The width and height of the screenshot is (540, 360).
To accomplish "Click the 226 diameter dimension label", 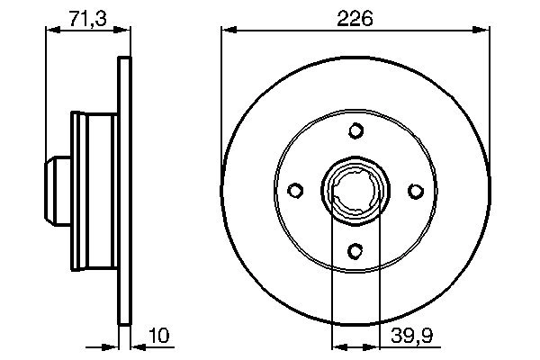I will [355, 16].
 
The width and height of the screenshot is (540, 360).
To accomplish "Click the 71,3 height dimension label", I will [85, 16].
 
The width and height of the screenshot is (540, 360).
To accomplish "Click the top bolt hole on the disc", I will [355, 132].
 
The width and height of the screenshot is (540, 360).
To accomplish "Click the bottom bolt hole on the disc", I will [355, 250].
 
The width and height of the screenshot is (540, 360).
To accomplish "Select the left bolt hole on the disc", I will [295, 191].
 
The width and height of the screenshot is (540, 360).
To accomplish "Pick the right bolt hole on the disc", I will [415, 191].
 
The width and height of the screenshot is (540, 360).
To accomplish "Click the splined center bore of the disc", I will [355, 191].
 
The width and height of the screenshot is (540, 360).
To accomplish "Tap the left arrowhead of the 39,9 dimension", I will [338, 345].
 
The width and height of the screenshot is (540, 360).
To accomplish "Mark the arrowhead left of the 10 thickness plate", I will [113, 345].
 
